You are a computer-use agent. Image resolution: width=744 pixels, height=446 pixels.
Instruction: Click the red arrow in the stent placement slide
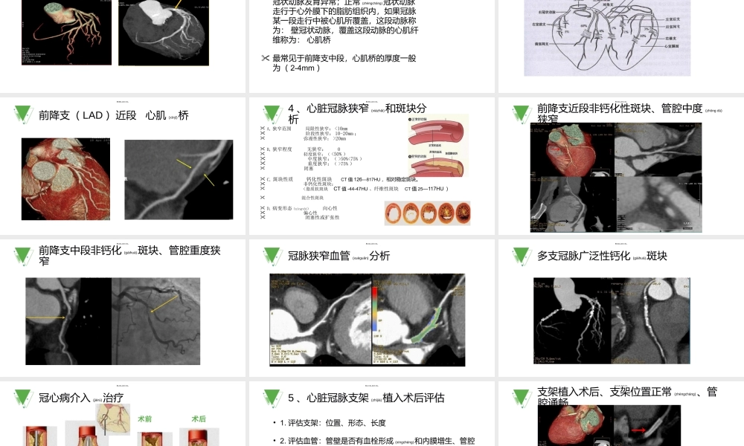coord(639,429)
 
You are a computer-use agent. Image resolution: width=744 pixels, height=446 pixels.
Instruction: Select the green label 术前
coord(145,419)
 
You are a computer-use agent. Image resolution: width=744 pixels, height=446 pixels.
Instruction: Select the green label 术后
coord(199,419)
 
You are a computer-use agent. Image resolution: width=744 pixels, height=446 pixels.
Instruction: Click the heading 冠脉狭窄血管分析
coord(339,256)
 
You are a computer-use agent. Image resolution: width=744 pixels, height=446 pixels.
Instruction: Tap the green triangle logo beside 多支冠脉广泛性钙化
coord(522,256)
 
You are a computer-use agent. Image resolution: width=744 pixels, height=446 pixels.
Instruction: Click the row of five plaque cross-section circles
coord(427,213)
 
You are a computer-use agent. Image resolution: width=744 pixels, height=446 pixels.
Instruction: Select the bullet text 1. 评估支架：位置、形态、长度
coord(333,423)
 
